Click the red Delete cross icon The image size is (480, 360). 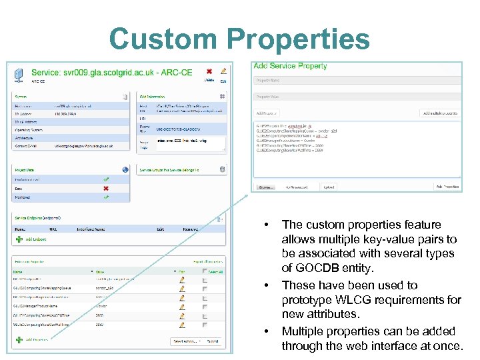pos(209,71)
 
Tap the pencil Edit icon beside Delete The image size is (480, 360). pos(223,71)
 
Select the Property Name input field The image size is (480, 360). pos(357,81)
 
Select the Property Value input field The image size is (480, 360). pos(357,97)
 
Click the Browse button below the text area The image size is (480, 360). pos(266,187)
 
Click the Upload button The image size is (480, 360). pos(328,187)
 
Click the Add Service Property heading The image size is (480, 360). pos(290,66)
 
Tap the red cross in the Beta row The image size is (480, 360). pos(105,188)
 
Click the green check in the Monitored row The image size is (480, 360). pos(105,197)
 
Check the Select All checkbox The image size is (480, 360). pos(204,272)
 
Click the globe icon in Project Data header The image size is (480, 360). pos(125,169)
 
